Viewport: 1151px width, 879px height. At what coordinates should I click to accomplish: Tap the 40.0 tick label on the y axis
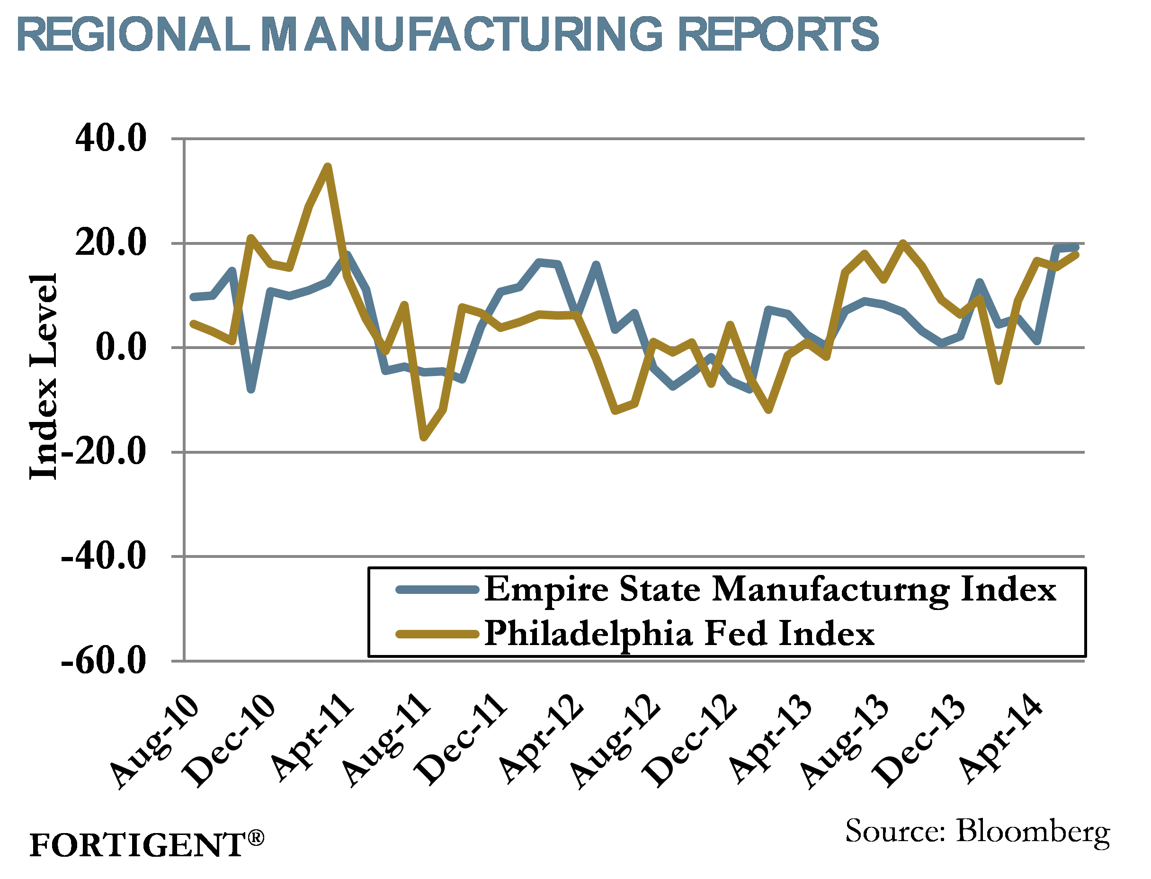coord(110,139)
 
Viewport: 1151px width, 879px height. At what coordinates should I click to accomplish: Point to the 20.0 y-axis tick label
coord(110,243)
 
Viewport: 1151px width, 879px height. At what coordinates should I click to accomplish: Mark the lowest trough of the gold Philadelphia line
coord(424,438)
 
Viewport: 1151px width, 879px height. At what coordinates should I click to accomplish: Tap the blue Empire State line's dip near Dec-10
coord(251,389)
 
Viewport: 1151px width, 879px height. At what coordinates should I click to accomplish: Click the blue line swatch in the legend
coord(437,590)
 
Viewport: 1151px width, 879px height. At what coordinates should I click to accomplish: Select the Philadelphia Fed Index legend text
coord(679,634)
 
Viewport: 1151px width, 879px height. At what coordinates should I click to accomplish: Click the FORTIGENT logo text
coord(137,845)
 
